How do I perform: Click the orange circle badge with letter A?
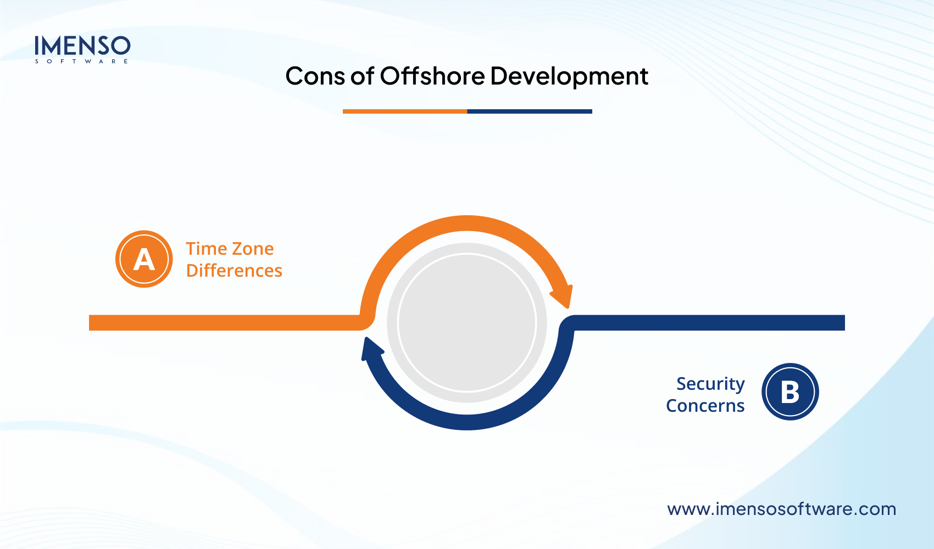click(x=144, y=259)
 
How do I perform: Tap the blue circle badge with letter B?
click(x=790, y=392)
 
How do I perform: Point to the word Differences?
click(x=234, y=271)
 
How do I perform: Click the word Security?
click(x=710, y=384)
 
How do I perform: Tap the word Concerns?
click(x=705, y=406)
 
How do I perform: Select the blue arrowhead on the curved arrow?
click(x=371, y=350)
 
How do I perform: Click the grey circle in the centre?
click(x=467, y=323)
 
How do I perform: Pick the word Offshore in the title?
click(x=432, y=76)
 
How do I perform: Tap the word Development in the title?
click(x=569, y=76)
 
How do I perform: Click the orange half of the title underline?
click(x=405, y=111)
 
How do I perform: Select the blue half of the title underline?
click(x=530, y=111)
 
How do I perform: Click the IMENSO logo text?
click(x=82, y=46)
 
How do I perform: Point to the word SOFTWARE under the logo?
click(x=82, y=61)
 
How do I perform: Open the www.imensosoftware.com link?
click(x=781, y=509)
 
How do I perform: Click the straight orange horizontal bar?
click(x=220, y=323)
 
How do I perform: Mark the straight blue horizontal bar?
click(x=714, y=323)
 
